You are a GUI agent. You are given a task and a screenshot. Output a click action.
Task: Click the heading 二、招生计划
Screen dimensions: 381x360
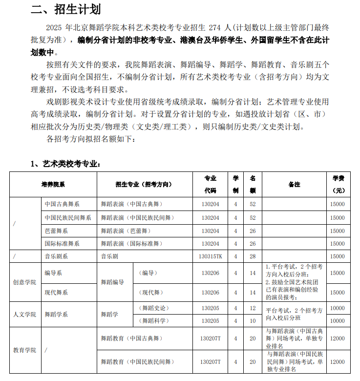(x=66, y=9)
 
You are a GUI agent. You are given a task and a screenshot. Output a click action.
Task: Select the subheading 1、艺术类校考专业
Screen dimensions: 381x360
(x=66, y=164)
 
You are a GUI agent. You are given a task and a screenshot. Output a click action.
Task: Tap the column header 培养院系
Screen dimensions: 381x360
(x=53, y=184)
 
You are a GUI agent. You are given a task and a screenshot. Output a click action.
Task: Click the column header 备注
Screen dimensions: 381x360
(x=294, y=184)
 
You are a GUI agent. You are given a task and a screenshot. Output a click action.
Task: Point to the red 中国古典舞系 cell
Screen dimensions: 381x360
(x=62, y=204)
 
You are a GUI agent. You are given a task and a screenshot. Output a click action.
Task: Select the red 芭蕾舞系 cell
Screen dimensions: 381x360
(x=56, y=231)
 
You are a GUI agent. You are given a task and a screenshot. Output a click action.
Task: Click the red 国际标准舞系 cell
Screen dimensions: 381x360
(x=62, y=243)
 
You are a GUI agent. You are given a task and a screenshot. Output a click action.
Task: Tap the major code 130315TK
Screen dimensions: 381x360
(x=211, y=256)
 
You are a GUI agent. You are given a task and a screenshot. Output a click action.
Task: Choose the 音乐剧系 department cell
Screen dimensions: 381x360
(x=56, y=256)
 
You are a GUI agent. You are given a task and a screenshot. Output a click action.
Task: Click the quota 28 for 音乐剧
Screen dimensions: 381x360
(x=253, y=256)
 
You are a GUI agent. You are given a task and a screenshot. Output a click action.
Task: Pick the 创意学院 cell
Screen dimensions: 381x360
(x=24, y=283)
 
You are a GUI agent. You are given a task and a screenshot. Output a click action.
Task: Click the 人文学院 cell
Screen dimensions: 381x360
(x=24, y=315)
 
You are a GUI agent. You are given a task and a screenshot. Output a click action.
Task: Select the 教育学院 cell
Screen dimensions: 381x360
(x=24, y=350)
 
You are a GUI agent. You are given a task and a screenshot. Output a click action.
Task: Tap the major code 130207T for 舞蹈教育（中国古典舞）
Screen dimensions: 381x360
(x=211, y=339)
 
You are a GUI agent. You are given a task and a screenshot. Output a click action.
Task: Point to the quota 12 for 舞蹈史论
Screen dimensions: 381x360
(x=253, y=308)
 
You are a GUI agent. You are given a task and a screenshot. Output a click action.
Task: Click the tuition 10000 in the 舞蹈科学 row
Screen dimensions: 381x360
(x=338, y=321)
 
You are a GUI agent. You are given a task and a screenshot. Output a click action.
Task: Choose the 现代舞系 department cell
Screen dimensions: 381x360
(x=56, y=293)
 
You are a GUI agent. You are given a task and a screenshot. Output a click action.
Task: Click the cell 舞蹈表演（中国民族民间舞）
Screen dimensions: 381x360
(x=137, y=218)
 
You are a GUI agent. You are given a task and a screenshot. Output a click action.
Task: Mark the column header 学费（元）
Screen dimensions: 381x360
(x=338, y=184)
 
